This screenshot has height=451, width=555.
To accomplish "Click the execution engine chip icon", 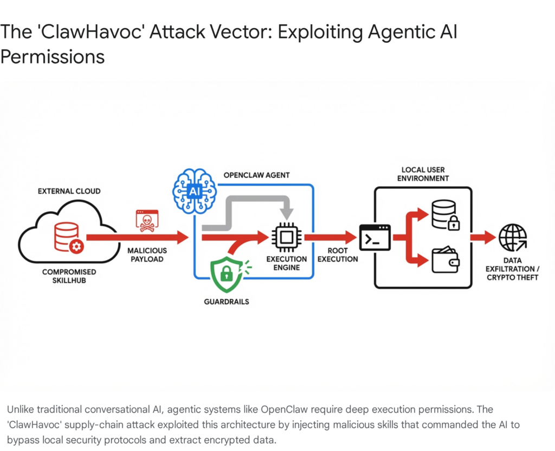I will (x=286, y=237).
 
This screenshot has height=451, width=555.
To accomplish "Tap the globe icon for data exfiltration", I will (x=512, y=237).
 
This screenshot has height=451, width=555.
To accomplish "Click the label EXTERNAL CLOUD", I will (x=69, y=192).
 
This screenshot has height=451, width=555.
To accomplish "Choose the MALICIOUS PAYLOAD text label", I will (x=147, y=255).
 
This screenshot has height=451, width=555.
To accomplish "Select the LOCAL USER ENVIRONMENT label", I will (x=423, y=174).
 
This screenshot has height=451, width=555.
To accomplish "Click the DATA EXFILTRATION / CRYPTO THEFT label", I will (x=512, y=269).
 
